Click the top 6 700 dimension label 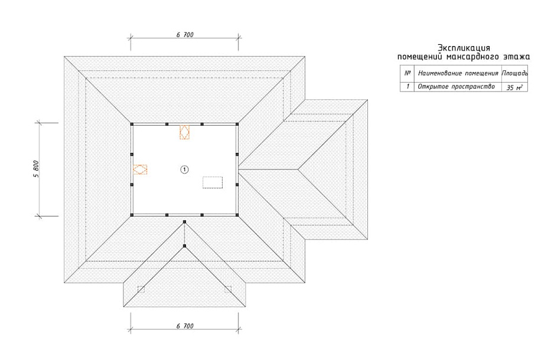185,35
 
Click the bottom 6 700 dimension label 185,326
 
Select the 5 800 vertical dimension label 37,169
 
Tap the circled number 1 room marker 184,170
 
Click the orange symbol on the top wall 184,132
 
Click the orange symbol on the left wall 140,169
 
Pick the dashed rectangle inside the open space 213,182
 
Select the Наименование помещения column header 458,73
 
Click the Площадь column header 515,73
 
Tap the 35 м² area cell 514,87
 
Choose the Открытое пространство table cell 456,87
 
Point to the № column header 408,73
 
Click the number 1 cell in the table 408,86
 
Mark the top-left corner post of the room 132,125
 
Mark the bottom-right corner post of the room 237,215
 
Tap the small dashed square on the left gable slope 141,289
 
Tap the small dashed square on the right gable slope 228,289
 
